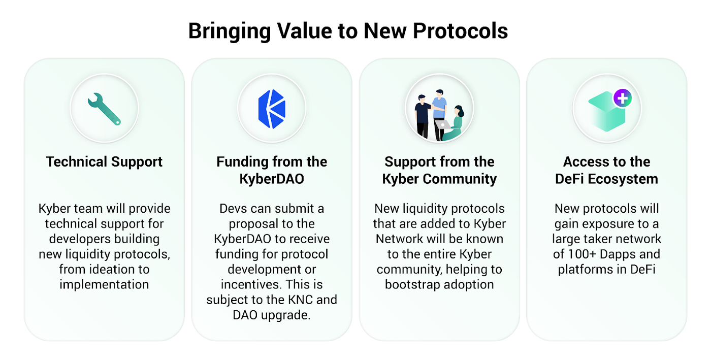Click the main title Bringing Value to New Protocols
pos(348,31)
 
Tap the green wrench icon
pos(104,109)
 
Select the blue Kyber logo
pos(272,109)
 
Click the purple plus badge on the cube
pos(623,98)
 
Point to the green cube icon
pos(606,112)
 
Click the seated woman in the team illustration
pos(455,123)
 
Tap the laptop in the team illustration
pos(442,125)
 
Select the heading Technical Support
pos(104,162)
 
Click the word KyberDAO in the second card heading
pos(272,179)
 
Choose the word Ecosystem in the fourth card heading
pos(623,179)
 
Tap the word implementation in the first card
pos(104,285)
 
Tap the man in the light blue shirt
pos(440,114)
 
